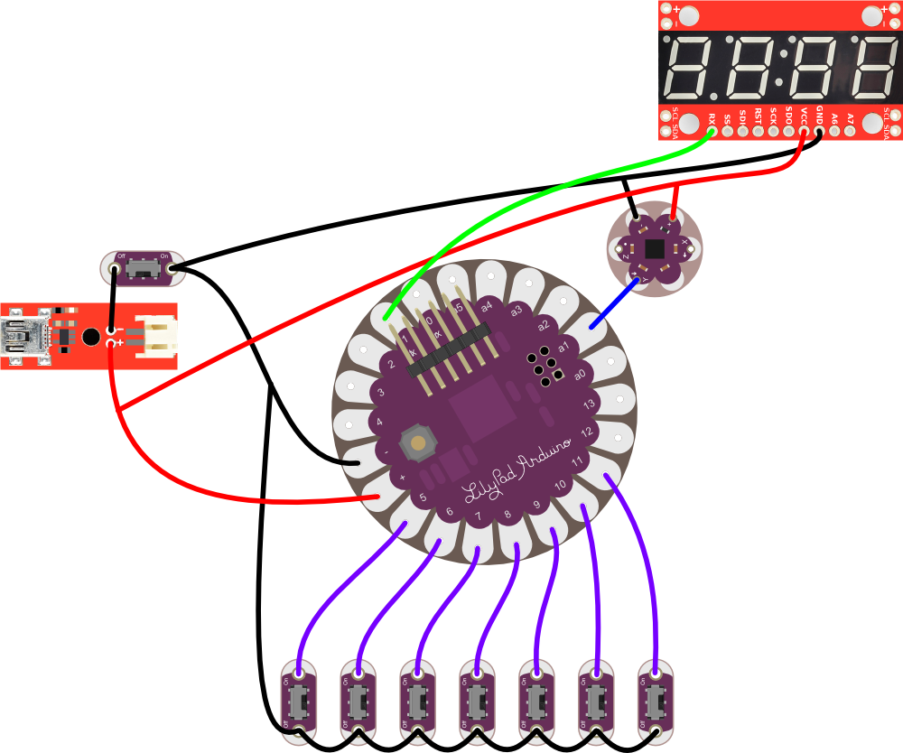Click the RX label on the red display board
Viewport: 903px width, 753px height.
[x=712, y=117]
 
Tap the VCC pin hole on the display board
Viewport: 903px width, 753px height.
[x=804, y=133]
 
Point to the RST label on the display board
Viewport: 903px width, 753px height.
[x=758, y=116]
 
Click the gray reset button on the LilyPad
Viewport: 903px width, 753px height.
[x=417, y=442]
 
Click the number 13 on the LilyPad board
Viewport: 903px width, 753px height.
[x=588, y=404]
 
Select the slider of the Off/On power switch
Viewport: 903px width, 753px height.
[x=140, y=268]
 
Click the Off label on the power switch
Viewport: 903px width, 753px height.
[x=120, y=256]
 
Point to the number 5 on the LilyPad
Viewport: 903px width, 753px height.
[x=423, y=497]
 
